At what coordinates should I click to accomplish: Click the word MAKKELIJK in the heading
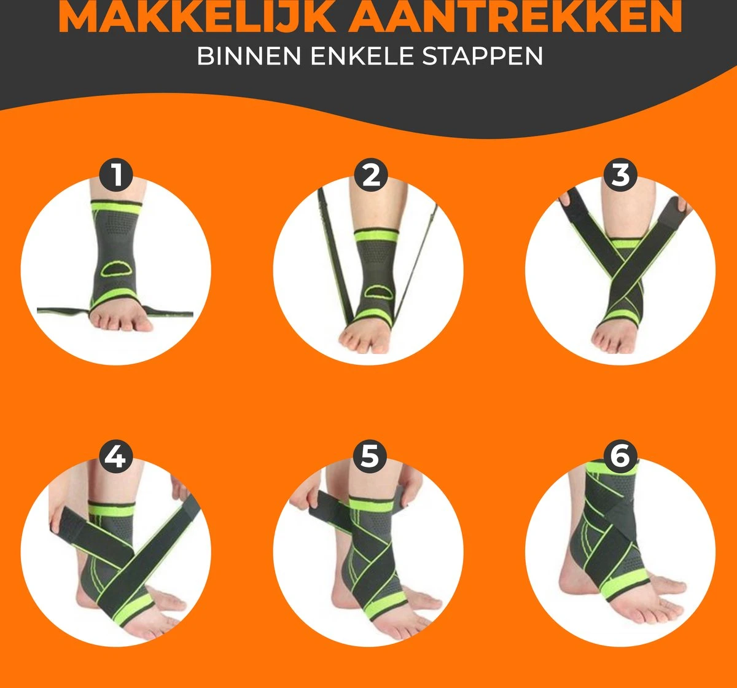197,17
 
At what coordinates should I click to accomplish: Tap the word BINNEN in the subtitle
249,56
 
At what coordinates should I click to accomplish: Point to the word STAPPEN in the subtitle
482,56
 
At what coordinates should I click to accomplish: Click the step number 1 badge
116,175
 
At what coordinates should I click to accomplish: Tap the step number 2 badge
370,175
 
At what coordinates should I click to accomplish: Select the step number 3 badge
620,175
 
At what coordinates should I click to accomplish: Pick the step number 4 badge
116,456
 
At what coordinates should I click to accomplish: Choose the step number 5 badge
370,456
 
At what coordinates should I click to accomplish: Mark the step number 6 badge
620,456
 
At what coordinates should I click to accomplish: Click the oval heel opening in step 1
115,268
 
